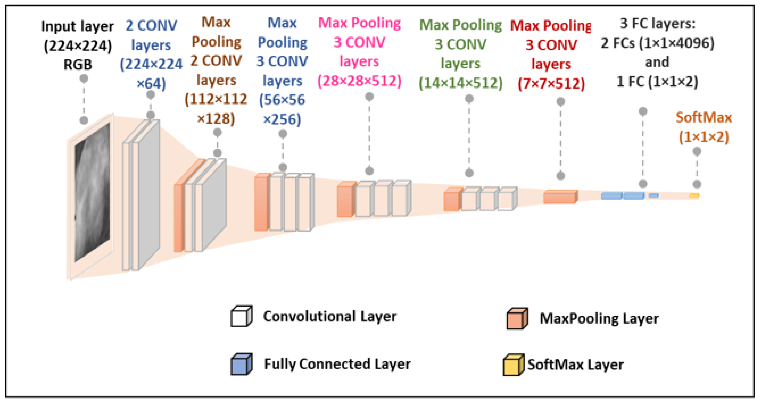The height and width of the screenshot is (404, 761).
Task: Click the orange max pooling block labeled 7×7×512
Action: click(x=560, y=197)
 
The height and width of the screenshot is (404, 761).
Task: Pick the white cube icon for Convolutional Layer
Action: click(x=241, y=316)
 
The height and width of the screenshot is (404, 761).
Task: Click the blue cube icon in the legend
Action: click(x=241, y=364)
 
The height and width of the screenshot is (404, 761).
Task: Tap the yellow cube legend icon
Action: click(x=513, y=365)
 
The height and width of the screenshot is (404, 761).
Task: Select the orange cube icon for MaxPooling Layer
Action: click(x=517, y=319)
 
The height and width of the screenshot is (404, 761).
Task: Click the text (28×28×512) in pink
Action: click(x=359, y=81)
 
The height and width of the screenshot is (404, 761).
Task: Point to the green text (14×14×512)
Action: click(x=460, y=83)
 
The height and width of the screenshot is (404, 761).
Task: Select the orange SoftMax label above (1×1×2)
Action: click(x=703, y=118)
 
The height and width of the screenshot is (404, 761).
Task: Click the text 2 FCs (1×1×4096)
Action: click(x=657, y=43)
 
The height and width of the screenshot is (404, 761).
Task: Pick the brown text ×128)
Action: click(x=216, y=119)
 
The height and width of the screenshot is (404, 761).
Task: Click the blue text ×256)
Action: click(x=282, y=119)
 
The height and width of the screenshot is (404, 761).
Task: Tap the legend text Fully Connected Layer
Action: click(x=337, y=364)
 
